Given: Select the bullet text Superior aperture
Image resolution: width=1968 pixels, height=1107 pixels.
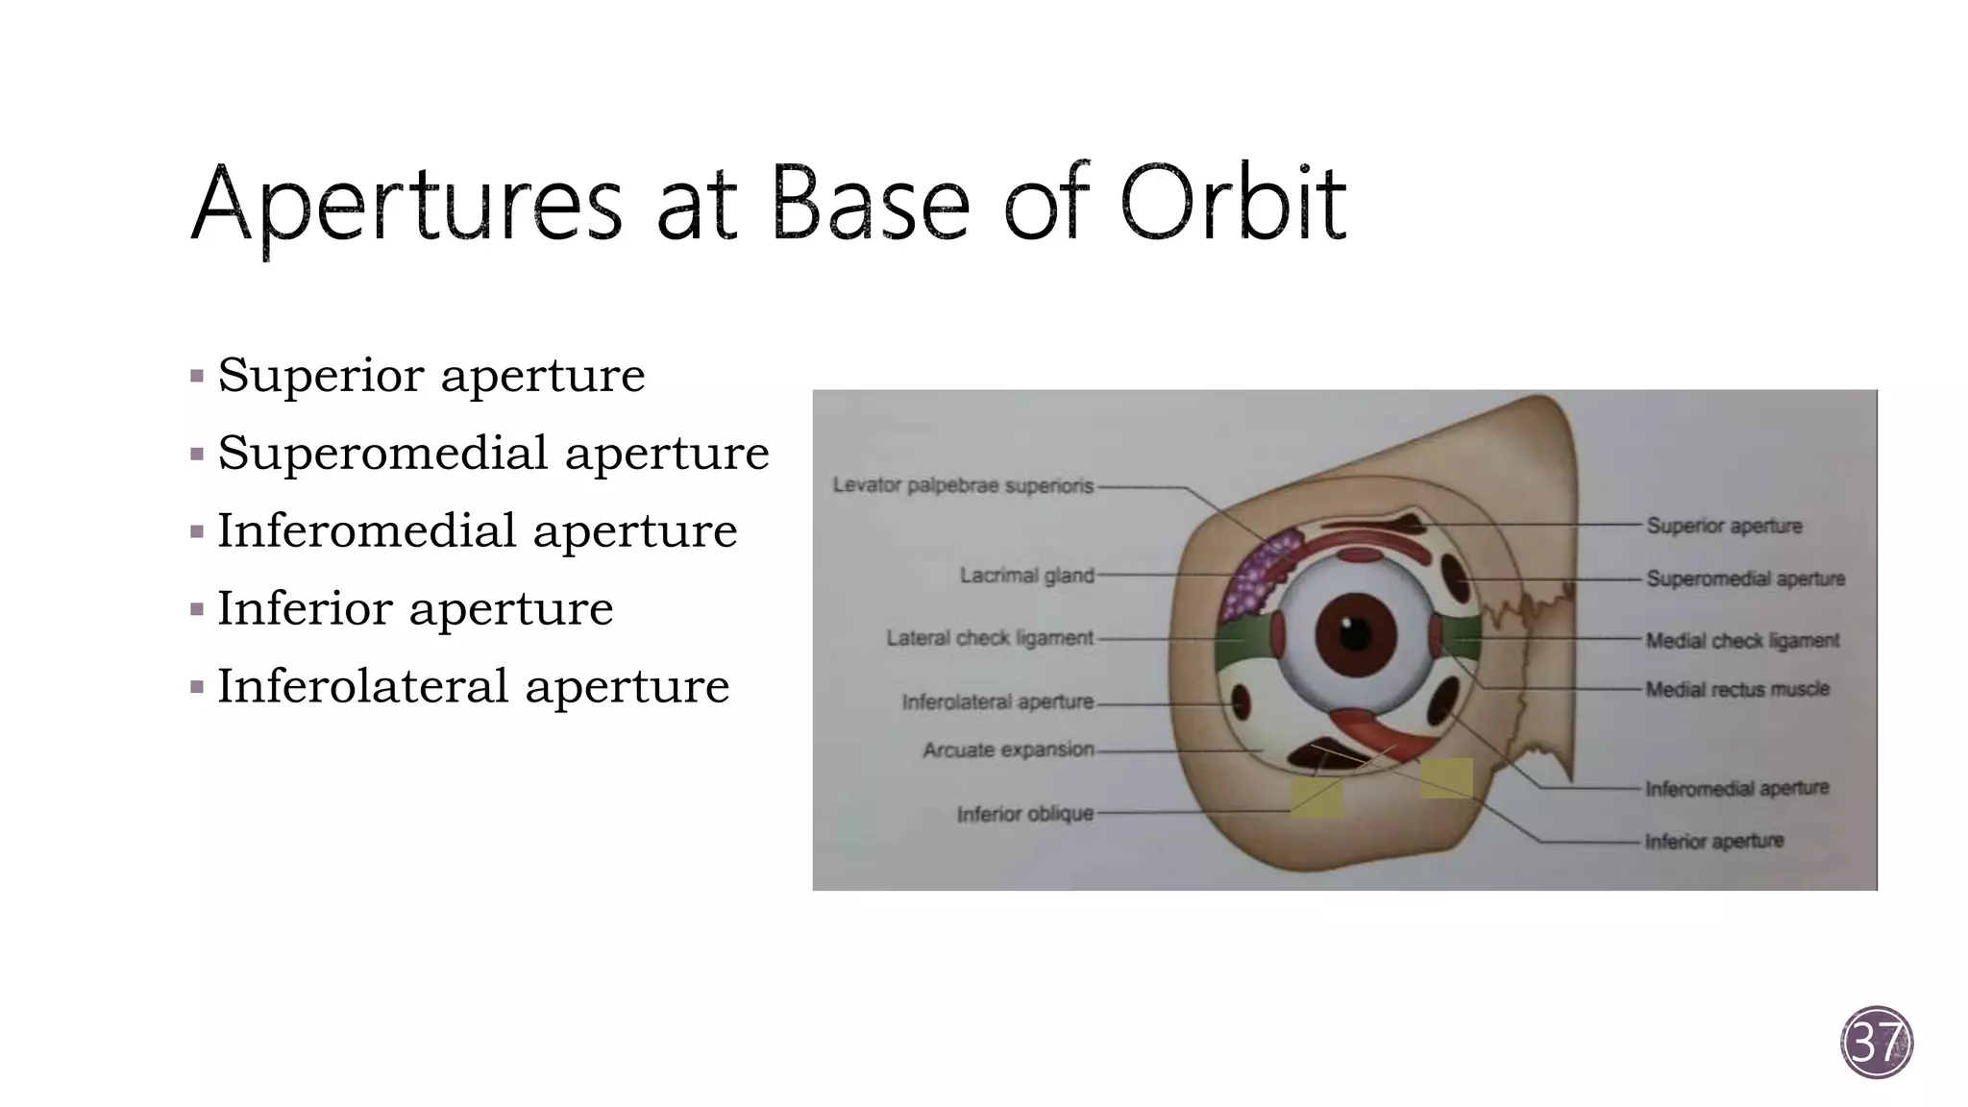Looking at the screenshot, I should [430, 374].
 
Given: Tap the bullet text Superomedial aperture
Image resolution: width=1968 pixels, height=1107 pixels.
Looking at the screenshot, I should [493, 452].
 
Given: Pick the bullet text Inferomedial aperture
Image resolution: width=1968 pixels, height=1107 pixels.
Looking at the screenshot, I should [477, 529].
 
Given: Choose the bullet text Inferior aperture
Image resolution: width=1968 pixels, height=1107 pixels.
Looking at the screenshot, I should [415, 607].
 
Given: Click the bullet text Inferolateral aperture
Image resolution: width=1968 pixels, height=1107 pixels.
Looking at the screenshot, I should [473, 685].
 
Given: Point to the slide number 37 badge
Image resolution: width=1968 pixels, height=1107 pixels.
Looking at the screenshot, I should [1877, 1043].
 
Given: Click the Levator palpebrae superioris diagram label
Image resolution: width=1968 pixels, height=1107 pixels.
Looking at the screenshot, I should [963, 486].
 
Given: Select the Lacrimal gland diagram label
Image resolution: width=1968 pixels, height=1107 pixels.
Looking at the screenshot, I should [1026, 576].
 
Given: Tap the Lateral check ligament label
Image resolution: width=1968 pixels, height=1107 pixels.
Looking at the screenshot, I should [989, 638].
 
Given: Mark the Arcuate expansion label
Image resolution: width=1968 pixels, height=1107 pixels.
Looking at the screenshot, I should [1008, 750].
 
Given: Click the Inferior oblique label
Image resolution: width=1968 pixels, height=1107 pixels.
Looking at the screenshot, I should [1024, 814].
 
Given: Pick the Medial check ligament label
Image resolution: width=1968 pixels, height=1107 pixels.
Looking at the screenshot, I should [1741, 640].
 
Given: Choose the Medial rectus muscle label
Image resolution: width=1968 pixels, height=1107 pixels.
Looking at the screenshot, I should [1736, 689].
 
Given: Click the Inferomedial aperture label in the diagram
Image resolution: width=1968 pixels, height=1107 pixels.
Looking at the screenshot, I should [1736, 789].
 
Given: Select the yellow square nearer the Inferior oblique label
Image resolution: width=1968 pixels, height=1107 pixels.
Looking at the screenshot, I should [1316, 799].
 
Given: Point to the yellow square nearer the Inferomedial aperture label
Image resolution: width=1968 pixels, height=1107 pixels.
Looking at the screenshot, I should [1446, 778].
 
